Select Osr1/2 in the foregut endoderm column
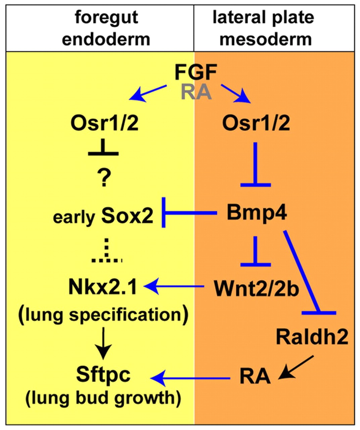pyautogui.click(x=104, y=123)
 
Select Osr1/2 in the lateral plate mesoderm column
pyautogui.click(x=256, y=123)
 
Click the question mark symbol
pyautogui.click(x=104, y=178)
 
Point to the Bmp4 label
pyautogui.click(x=257, y=212)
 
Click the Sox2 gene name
pyautogui.click(x=127, y=216)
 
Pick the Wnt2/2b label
pyautogui.click(x=256, y=288)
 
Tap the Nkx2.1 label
pyautogui.click(x=103, y=287)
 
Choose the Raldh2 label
pyautogui.click(x=312, y=337)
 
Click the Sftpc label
pyautogui.click(x=103, y=375)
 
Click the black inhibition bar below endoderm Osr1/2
pyautogui.click(x=103, y=150)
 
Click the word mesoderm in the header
pyautogui.click(x=265, y=39)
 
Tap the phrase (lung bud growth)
pyautogui.click(x=103, y=398)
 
